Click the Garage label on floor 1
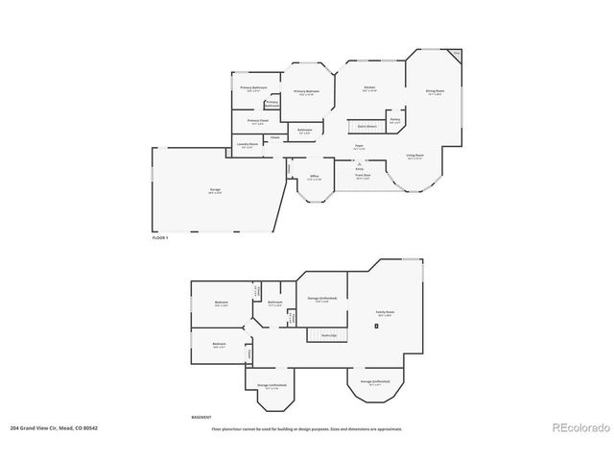(215, 190)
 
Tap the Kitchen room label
(368, 89)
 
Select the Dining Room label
(434, 92)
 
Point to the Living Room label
(414, 155)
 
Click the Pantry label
(394, 120)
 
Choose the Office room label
(314, 178)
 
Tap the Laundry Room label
(248, 146)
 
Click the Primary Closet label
(256, 122)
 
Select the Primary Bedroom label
(306, 93)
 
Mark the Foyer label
(358, 147)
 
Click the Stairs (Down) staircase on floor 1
(366, 126)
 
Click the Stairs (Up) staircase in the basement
(326, 334)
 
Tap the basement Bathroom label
(275, 303)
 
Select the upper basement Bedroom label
(221, 303)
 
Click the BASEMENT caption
(201, 416)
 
